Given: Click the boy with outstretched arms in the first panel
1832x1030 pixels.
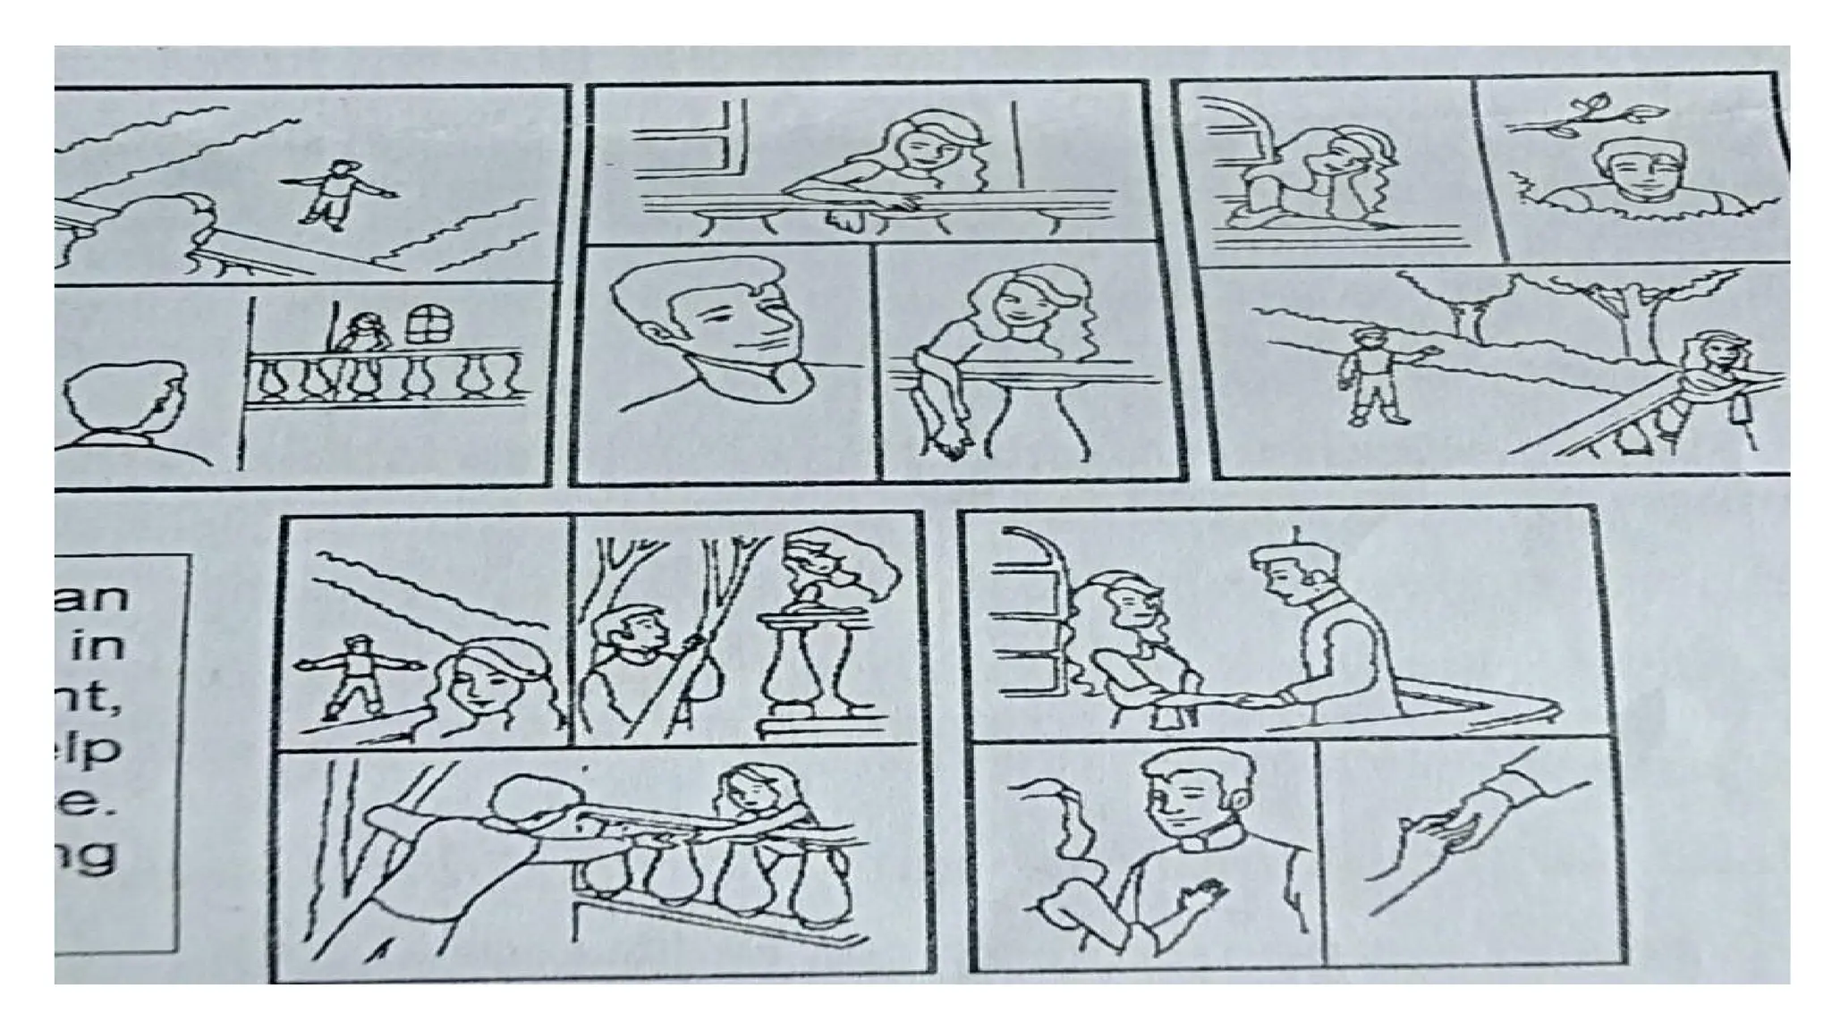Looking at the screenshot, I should (335, 192).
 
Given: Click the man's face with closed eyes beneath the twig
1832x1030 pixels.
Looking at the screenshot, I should (1633, 174).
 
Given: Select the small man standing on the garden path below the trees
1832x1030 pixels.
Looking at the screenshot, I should (1373, 376).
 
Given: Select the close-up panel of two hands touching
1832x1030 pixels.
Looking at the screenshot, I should (1467, 849).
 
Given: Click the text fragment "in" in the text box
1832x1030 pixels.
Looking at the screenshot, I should (98, 646).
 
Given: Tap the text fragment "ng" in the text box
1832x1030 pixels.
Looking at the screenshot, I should (89, 854).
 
